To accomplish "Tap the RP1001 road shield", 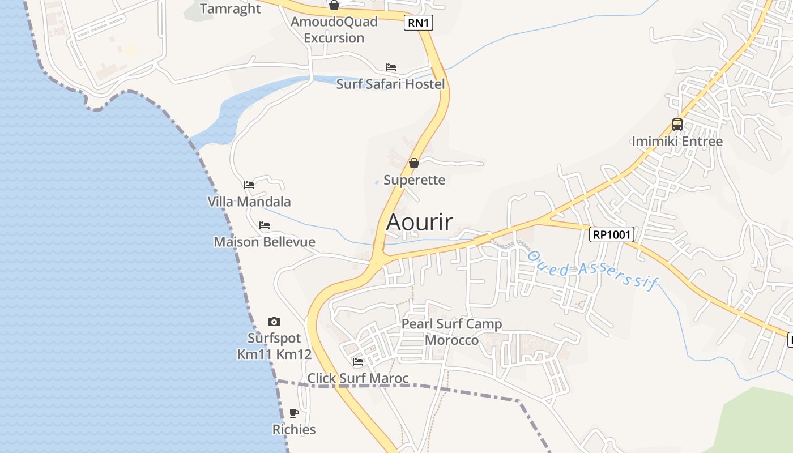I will click(611, 234).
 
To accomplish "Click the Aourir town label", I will click(419, 222).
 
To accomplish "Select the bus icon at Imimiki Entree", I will click(677, 125).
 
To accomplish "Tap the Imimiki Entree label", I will click(677, 141).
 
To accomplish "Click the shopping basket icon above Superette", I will click(414, 163).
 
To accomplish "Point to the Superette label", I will click(414, 180).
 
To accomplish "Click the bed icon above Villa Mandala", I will click(249, 185).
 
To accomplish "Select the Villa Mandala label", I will click(249, 202).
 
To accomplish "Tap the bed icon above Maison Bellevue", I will click(265, 225).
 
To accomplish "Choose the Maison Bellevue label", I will click(265, 242).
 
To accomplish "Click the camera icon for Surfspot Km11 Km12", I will click(274, 322).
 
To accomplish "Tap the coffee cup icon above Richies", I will click(294, 413).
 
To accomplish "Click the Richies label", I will click(294, 429).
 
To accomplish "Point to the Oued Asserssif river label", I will click(593, 270).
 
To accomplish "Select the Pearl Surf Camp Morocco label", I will click(451, 332).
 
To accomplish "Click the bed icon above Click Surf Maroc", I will click(357, 362).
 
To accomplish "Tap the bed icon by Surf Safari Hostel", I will click(391, 67).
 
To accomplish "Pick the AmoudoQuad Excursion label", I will click(334, 30).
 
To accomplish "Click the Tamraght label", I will click(230, 8).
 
